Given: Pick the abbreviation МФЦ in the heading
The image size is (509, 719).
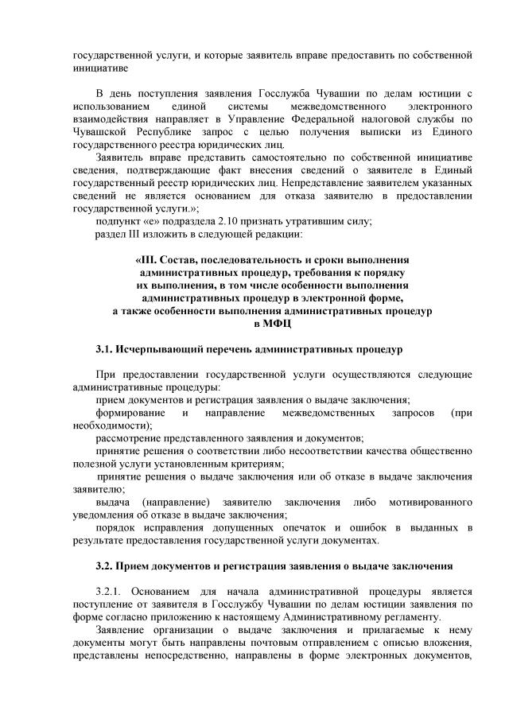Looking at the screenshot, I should [x=273, y=324].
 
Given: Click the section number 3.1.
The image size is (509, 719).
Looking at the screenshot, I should [x=104, y=349].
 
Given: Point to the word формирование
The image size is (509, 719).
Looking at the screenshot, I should [x=130, y=413].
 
